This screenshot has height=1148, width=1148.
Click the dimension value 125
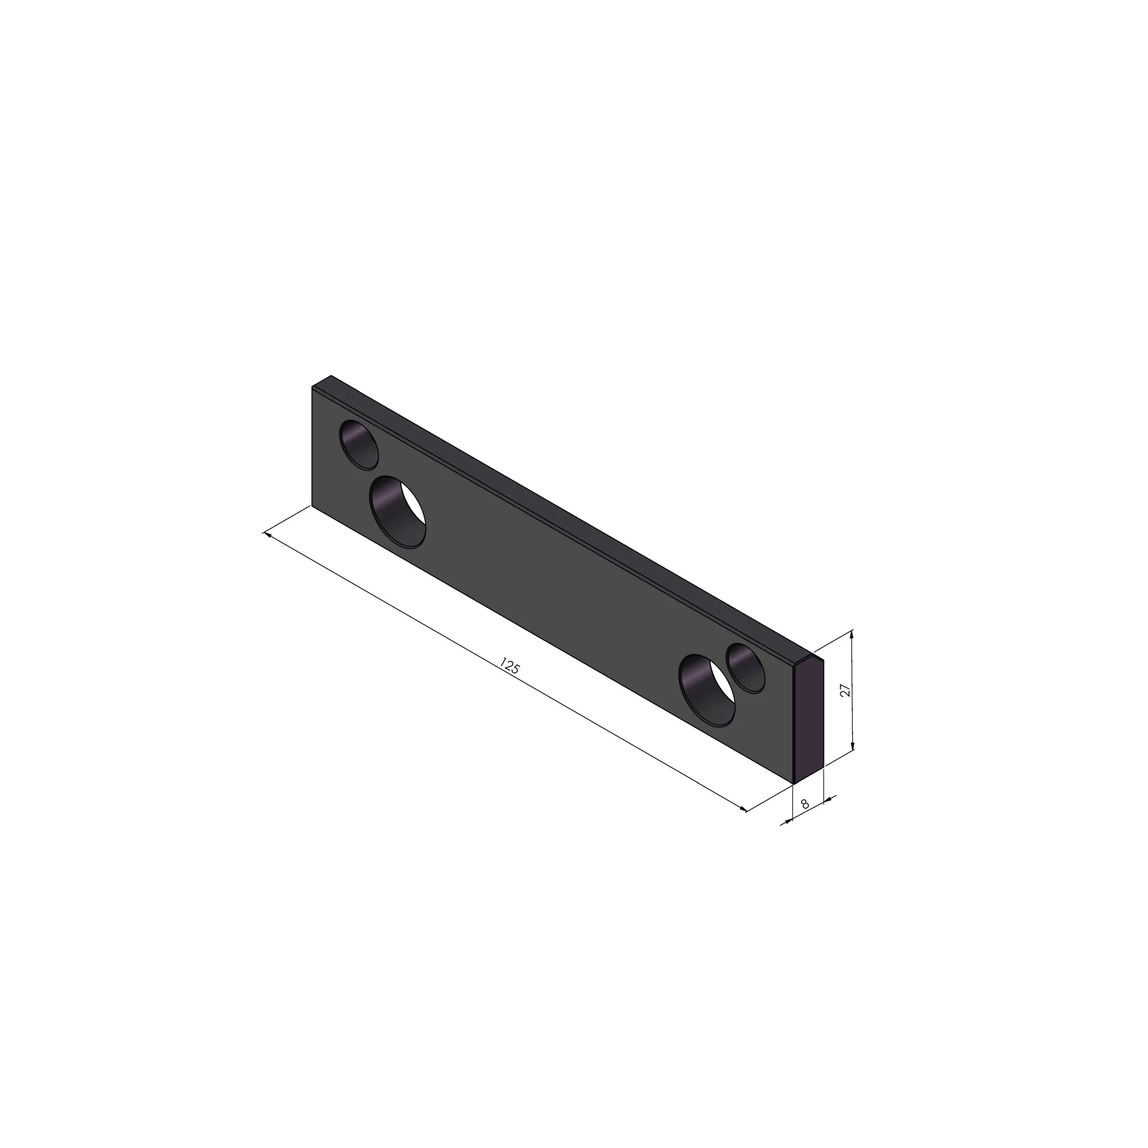[510, 665]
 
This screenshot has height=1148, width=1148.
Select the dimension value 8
[805, 804]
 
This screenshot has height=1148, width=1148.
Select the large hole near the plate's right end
[707, 691]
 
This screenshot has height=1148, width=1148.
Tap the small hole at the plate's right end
[746, 668]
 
